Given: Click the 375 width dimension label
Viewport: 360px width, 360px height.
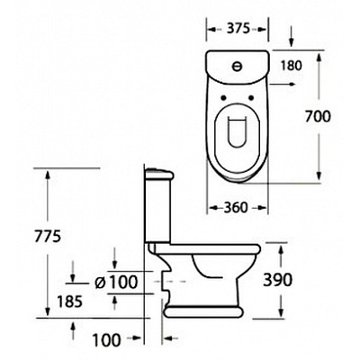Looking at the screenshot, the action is (238, 29).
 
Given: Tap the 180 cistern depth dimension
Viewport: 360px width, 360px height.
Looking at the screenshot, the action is (290, 66).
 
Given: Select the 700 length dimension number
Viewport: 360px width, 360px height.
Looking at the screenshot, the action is (318, 116).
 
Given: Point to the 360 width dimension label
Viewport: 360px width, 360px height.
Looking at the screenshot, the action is (237, 208).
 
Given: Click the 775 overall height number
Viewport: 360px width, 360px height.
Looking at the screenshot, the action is (48, 237).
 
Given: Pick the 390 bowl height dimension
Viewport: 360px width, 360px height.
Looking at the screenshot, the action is (277, 281).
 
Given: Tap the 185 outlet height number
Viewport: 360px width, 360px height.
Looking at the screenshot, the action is (69, 301).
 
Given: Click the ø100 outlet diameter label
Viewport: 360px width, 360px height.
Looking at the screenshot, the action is (115, 282).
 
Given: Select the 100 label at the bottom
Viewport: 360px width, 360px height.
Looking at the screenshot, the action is (106, 340).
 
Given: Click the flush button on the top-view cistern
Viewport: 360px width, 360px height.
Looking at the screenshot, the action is (238, 67).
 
